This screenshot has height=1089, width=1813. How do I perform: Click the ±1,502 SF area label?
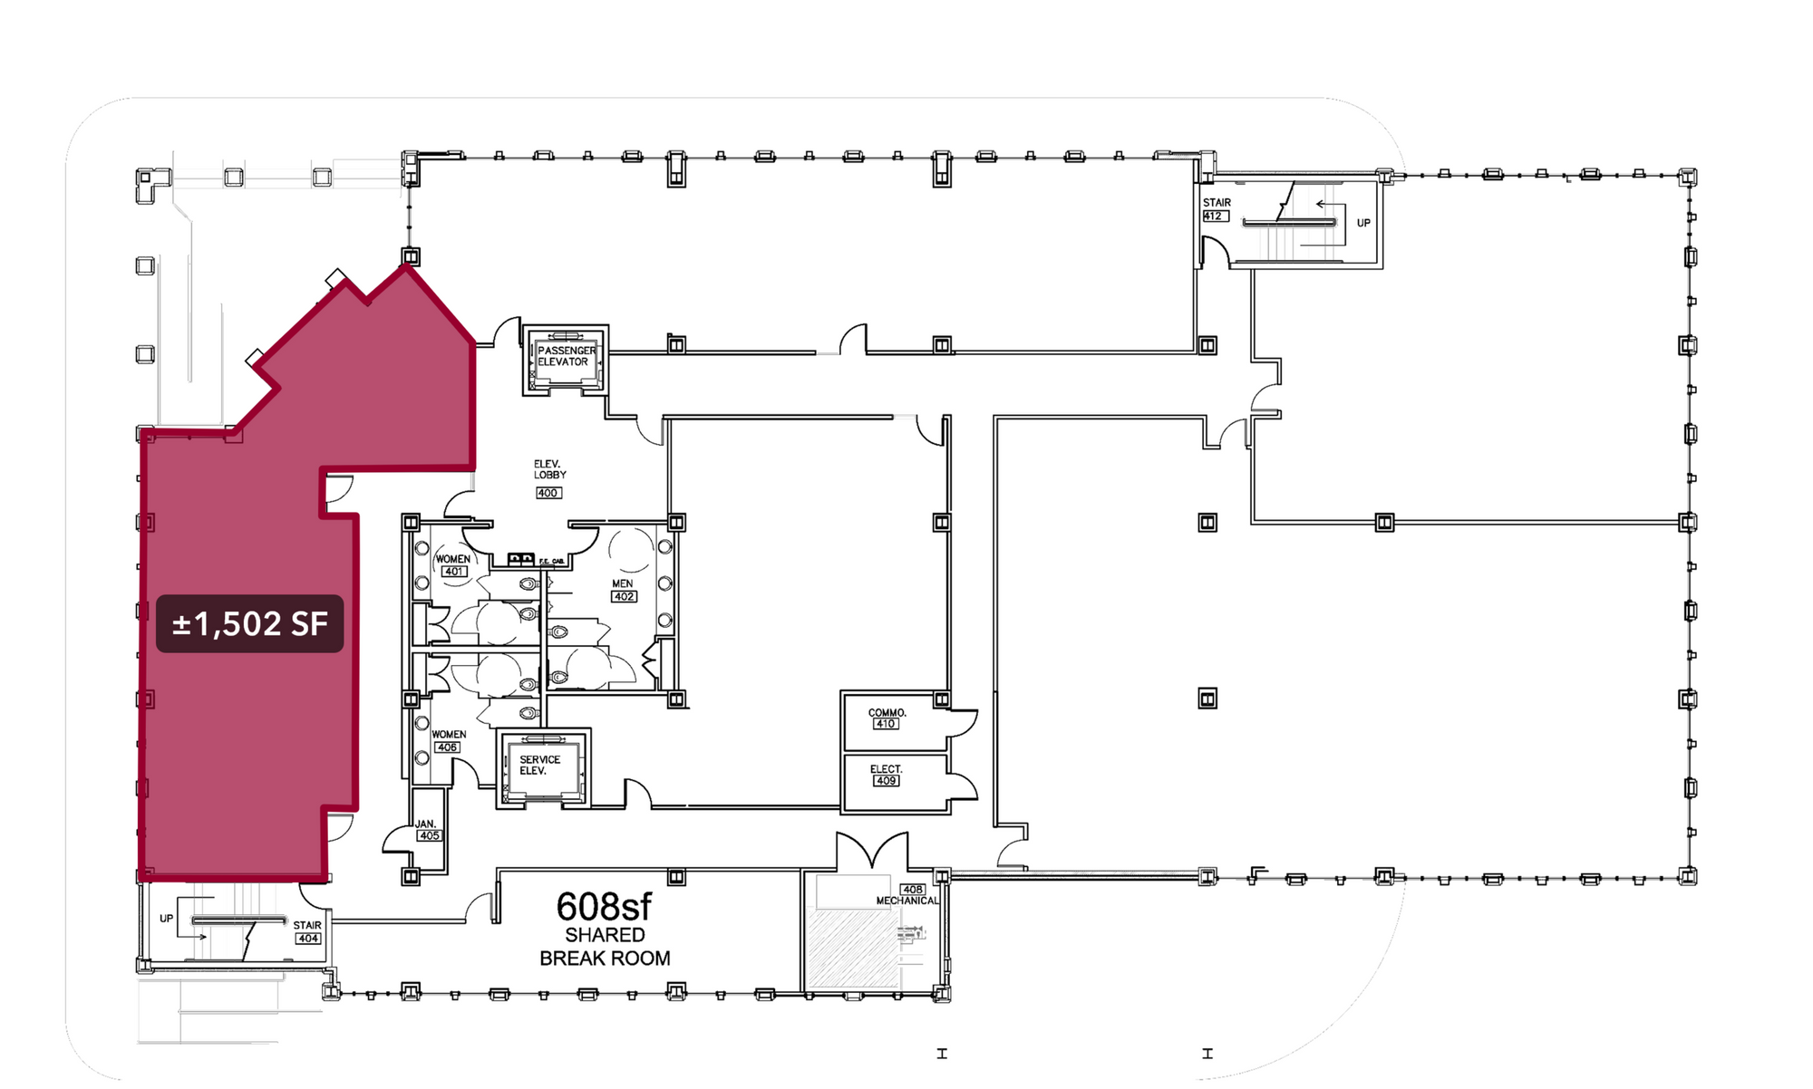pyautogui.click(x=249, y=623)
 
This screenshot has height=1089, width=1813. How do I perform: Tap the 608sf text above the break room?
pyautogui.click(x=604, y=906)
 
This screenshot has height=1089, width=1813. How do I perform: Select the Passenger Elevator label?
pyautogui.click(x=566, y=356)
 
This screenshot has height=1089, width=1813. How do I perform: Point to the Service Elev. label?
pyautogui.click(x=539, y=766)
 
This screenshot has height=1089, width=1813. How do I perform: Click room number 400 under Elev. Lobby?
pyautogui.click(x=548, y=493)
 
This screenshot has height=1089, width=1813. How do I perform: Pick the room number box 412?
pyautogui.click(x=1215, y=217)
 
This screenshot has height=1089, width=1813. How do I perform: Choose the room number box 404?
pyautogui.click(x=308, y=939)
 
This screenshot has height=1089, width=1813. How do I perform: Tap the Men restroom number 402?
pyautogui.click(x=624, y=597)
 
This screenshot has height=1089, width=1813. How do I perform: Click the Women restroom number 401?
pyautogui.click(x=454, y=572)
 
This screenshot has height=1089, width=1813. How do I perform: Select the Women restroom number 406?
pyautogui.click(x=447, y=747)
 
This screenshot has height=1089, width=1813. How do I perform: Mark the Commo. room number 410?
pyautogui.click(x=886, y=724)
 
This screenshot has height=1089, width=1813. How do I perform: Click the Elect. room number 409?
pyautogui.click(x=886, y=781)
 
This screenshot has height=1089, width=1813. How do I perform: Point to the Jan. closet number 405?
pyautogui.click(x=429, y=835)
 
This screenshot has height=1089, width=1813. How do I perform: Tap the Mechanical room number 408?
pyautogui.click(x=912, y=890)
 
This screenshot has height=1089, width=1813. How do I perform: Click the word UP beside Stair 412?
pyautogui.click(x=1363, y=223)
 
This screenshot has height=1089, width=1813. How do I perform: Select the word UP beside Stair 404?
pyautogui.click(x=167, y=919)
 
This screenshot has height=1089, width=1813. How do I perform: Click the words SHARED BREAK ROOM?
pyautogui.click(x=605, y=947)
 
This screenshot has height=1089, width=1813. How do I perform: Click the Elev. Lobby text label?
pyautogui.click(x=549, y=469)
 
